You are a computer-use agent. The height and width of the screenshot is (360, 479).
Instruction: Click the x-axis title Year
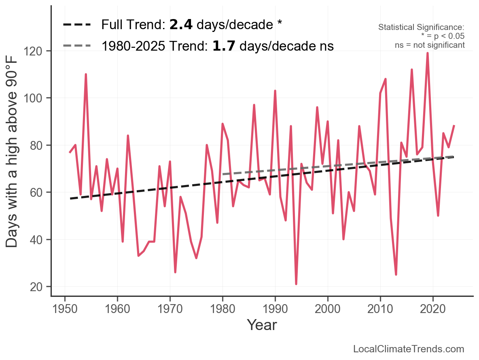[262, 325]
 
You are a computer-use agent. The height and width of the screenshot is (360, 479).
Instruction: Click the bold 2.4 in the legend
[181, 25]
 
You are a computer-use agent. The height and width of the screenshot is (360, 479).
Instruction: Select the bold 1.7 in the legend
[225, 46]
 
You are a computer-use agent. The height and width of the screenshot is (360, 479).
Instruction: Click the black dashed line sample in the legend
[76, 25]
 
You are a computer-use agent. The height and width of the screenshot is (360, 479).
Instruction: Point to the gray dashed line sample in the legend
[76, 46]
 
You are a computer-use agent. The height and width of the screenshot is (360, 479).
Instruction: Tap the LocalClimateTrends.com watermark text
[409, 349]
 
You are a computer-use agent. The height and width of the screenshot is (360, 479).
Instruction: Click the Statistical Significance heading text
[421, 28]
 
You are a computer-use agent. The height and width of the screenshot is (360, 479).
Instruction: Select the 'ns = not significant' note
[430, 45]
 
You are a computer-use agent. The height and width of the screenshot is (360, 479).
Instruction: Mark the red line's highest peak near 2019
[428, 53]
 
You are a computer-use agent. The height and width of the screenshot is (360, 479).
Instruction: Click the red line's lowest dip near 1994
[296, 284]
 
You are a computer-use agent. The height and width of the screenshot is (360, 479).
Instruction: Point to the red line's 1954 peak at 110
[86, 75]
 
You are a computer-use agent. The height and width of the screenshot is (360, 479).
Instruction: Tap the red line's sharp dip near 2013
[396, 274]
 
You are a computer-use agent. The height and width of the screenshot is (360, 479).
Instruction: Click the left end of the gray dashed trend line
[223, 175]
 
